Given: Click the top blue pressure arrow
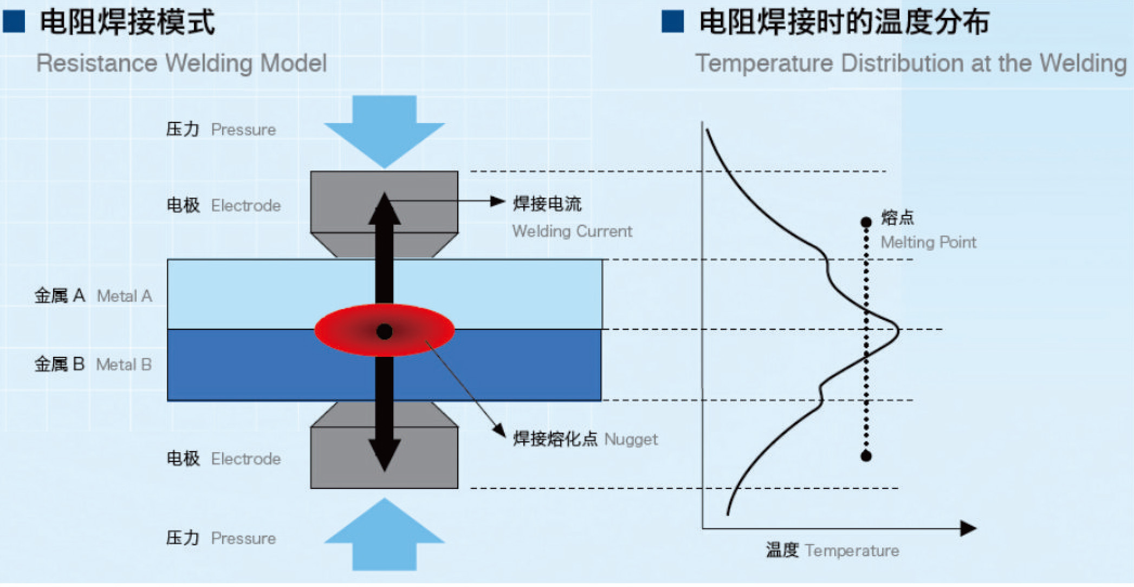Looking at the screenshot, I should (x=384, y=130).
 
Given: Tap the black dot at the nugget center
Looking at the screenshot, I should (x=384, y=331).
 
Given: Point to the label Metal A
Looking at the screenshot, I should (x=124, y=296).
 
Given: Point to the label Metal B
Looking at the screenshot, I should (x=124, y=365).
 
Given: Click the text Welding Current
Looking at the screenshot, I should (x=572, y=231).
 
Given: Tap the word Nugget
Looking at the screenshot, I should (x=631, y=439).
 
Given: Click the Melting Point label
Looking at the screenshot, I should (x=928, y=242).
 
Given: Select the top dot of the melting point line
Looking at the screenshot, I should (x=866, y=222).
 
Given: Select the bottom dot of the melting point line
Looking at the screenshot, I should (x=866, y=456).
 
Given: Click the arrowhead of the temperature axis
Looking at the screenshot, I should (x=968, y=528).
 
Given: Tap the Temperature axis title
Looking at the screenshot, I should (x=852, y=551).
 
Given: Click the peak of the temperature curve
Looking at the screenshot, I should (x=898, y=329).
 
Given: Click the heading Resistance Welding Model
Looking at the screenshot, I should (x=182, y=63).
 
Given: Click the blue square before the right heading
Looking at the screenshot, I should (x=672, y=22).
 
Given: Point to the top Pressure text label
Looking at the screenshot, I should (x=243, y=130).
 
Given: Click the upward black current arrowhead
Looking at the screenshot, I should (x=384, y=208).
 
